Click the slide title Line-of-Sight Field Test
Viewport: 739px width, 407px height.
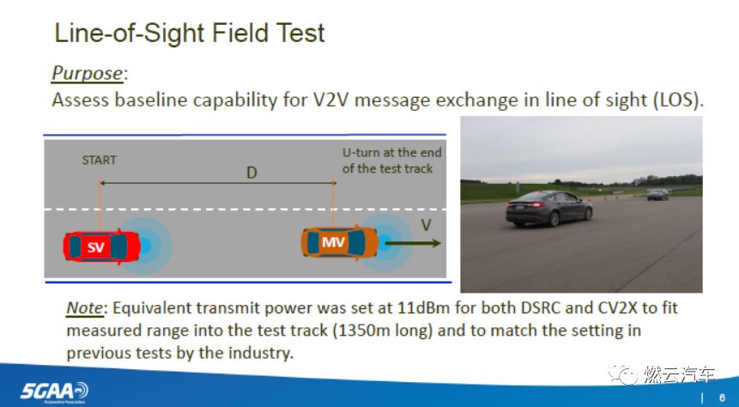pyautogui.click(x=190, y=33)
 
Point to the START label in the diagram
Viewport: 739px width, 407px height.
pyautogui.click(x=99, y=161)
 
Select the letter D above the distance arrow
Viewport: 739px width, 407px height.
pyautogui.click(x=251, y=173)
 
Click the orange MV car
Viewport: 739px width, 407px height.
pyautogui.click(x=338, y=242)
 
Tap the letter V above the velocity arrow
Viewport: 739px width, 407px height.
pyautogui.click(x=426, y=224)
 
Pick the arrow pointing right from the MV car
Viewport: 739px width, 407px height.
pyautogui.click(x=413, y=244)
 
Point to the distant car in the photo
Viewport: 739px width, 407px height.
pyautogui.click(x=657, y=194)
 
